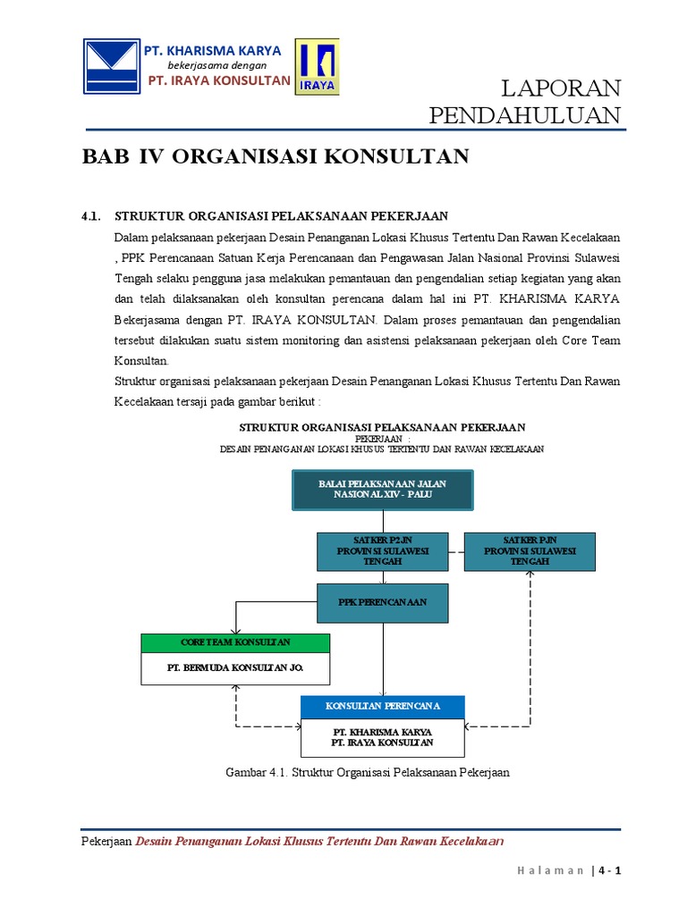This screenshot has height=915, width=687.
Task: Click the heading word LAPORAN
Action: [560, 88]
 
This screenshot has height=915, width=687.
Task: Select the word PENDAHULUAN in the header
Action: [525, 115]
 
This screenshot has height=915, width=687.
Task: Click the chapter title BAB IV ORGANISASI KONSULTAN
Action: [276, 156]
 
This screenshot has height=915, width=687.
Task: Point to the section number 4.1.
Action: [92, 216]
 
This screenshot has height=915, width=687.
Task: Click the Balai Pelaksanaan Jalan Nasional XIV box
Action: [383, 489]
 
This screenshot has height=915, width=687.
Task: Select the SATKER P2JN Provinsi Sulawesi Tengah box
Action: [383, 551]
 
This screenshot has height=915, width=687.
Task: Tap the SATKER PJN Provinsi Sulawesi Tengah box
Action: [530, 551]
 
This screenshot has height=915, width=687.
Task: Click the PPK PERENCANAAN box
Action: [383, 602]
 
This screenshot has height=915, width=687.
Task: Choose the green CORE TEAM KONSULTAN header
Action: [235, 643]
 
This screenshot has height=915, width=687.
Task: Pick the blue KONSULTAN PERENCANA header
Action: [383, 707]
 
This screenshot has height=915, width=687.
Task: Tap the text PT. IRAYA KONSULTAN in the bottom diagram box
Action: [383, 743]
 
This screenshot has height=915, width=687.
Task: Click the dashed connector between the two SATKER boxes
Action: [455, 551]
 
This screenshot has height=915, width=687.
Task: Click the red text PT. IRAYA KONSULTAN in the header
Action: [218, 80]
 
